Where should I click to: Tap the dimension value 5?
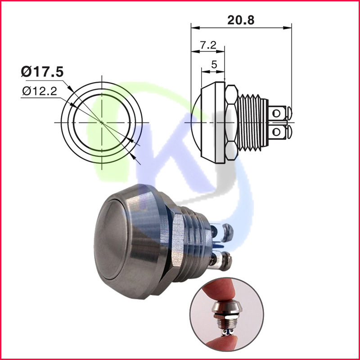(214, 64)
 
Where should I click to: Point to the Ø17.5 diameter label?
(41, 71)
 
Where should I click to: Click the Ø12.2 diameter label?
(39, 91)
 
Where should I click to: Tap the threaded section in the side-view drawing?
(252, 122)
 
